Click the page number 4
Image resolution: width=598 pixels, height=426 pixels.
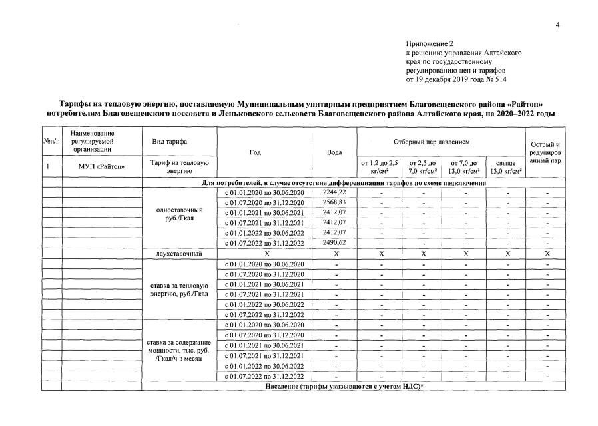(x=557, y=25)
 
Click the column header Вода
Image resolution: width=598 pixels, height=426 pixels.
(x=334, y=152)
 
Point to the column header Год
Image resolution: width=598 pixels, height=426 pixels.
(x=255, y=152)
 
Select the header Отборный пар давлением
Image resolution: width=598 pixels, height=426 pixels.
(x=441, y=142)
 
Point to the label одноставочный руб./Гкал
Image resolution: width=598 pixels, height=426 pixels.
(x=175, y=213)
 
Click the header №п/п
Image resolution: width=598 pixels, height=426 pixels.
(x=52, y=142)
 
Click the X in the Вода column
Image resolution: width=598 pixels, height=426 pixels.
(x=334, y=254)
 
